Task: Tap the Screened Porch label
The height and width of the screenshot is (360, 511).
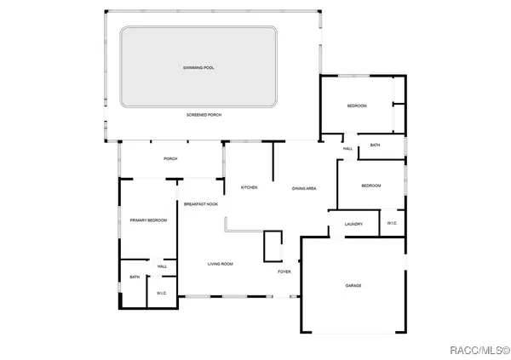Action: (204, 114)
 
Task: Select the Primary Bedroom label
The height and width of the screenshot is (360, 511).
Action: (148, 220)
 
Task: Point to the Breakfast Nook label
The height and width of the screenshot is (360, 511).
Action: (201, 204)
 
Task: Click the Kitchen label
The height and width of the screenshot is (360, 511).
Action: (249, 187)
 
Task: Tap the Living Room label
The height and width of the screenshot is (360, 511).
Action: (221, 264)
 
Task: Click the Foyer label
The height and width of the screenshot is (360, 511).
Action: (284, 271)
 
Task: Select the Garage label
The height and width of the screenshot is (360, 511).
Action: (353, 285)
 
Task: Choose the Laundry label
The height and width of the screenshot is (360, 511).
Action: (354, 225)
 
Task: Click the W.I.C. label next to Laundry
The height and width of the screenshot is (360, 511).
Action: (392, 223)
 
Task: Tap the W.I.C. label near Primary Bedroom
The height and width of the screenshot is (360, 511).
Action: (162, 294)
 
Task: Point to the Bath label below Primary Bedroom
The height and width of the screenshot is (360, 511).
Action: (135, 277)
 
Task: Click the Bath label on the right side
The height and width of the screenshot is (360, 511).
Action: (376, 146)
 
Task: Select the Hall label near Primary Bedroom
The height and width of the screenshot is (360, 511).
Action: (162, 266)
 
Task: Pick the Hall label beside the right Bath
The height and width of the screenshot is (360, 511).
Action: (347, 148)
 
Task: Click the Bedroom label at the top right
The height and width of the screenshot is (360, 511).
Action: (356, 106)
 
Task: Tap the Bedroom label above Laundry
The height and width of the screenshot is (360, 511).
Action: (370, 186)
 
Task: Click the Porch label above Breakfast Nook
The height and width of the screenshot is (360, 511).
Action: (170, 158)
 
